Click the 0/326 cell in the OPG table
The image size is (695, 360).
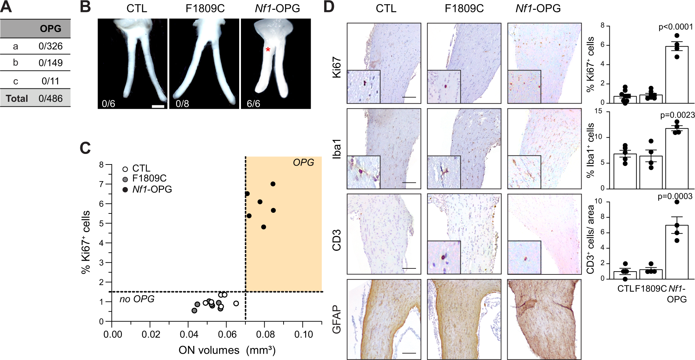click(x=50, y=46)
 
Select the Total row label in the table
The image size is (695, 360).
click(x=17, y=98)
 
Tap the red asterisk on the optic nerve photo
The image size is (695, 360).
click(x=268, y=50)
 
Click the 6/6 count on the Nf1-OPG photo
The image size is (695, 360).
click(x=254, y=104)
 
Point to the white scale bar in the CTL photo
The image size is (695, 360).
click(x=158, y=106)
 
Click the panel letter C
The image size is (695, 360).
click(x=85, y=148)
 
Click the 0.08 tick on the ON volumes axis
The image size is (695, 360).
click(x=265, y=334)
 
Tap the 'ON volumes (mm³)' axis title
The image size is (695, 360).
click(x=227, y=350)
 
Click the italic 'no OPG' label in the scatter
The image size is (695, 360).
click(x=137, y=299)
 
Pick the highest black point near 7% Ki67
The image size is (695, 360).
click(x=273, y=184)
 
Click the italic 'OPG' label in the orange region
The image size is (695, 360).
click(x=303, y=162)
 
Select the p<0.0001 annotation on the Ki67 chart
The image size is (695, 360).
click(x=676, y=27)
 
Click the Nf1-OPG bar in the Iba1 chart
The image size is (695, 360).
click(x=677, y=159)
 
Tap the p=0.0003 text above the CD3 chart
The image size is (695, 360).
click(x=675, y=197)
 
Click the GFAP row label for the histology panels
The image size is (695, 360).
click(x=336, y=319)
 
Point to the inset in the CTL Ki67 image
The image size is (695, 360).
click(x=364, y=87)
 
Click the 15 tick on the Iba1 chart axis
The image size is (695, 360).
click(x=598, y=111)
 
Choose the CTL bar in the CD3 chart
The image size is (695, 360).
click(x=625, y=275)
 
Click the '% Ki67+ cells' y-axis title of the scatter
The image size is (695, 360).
click(x=86, y=242)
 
